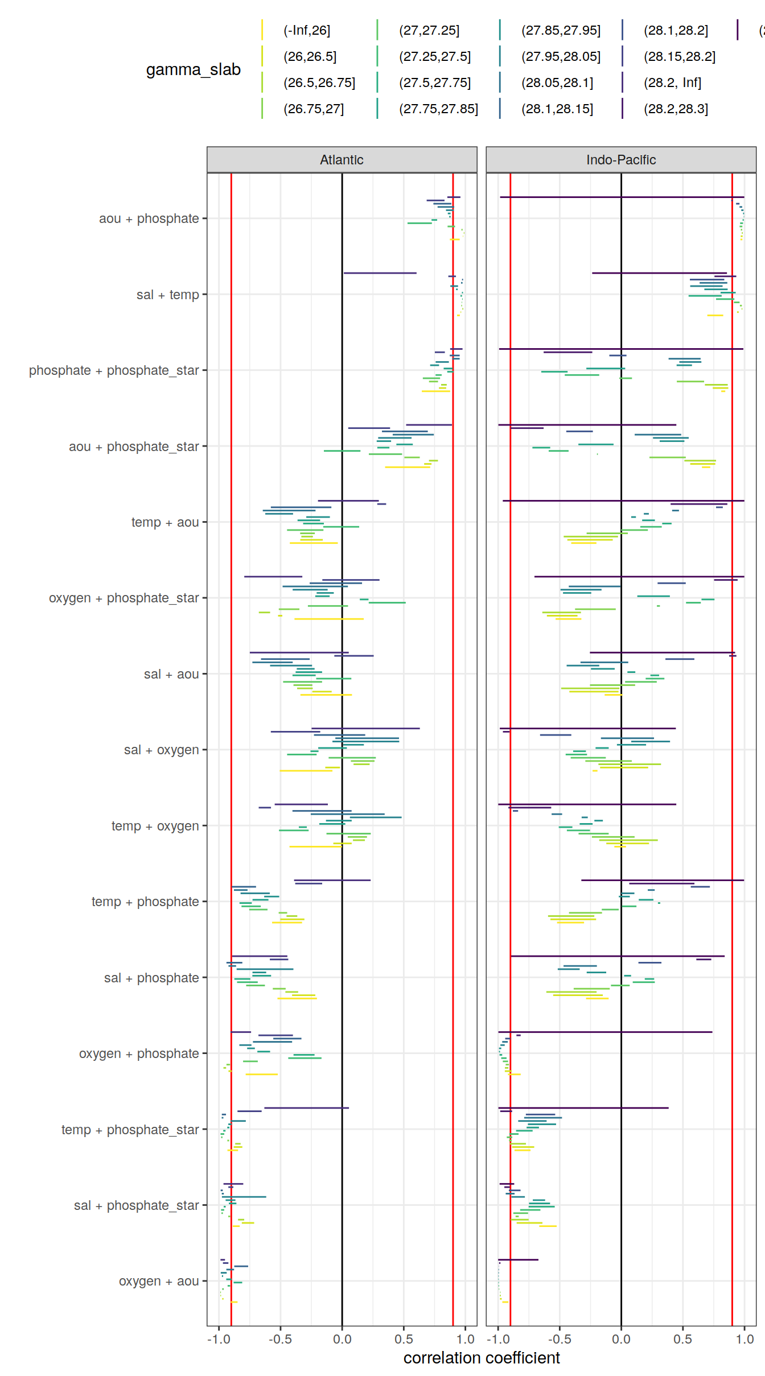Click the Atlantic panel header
point(342,160)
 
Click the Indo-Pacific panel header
point(620,160)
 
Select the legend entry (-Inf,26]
point(306,30)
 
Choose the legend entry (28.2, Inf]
point(672,82)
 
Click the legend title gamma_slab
point(193,69)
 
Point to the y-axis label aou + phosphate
point(149,218)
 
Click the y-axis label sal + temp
point(167,295)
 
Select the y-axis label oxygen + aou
point(159,1281)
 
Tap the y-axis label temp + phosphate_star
point(130,1130)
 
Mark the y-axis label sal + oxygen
point(161,750)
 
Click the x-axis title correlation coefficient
point(482,1358)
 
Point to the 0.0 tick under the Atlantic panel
point(342,1339)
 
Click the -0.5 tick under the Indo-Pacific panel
point(559,1339)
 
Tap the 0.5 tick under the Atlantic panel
point(404,1339)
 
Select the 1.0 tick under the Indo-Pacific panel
point(744,1339)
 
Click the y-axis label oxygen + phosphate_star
point(124,598)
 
